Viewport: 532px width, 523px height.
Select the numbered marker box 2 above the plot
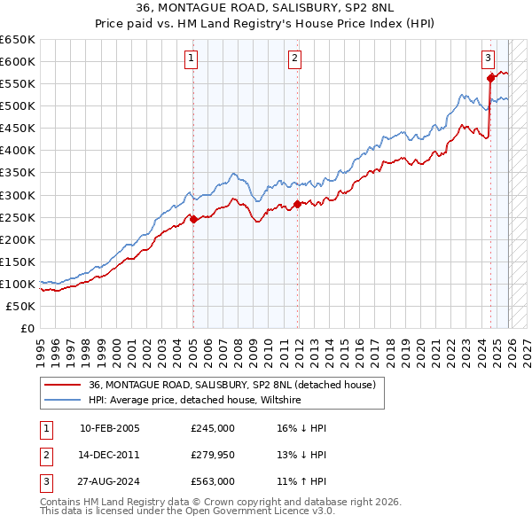(x=294, y=59)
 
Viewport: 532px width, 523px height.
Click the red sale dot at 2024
(x=490, y=78)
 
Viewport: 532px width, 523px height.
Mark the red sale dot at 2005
(x=193, y=219)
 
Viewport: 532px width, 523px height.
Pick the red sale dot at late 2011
(x=297, y=204)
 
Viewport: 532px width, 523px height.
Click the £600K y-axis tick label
(x=18, y=61)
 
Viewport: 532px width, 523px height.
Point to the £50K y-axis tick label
(x=21, y=306)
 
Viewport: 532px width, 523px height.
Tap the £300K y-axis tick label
(x=18, y=195)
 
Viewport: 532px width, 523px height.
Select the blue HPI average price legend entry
(x=195, y=401)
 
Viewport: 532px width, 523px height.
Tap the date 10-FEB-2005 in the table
(x=109, y=428)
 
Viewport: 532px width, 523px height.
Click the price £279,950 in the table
(x=213, y=455)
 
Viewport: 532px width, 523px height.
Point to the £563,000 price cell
(x=213, y=481)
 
